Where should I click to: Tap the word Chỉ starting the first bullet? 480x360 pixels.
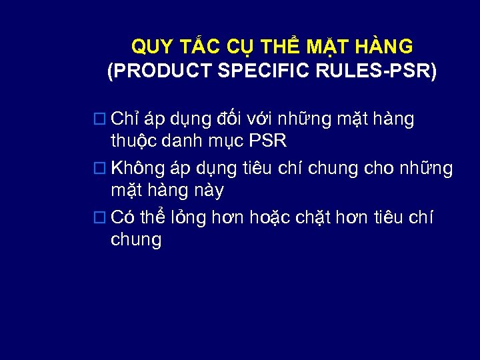click(x=125, y=119)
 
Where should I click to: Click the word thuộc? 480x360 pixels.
click(x=133, y=143)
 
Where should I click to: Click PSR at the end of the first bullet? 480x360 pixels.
click(x=269, y=142)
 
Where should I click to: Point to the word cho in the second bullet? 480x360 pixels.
click(x=379, y=168)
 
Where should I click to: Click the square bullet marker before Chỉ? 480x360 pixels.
click(x=100, y=120)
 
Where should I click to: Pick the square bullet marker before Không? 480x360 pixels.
click(x=100, y=168)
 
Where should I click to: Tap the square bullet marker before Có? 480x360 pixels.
click(x=100, y=217)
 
